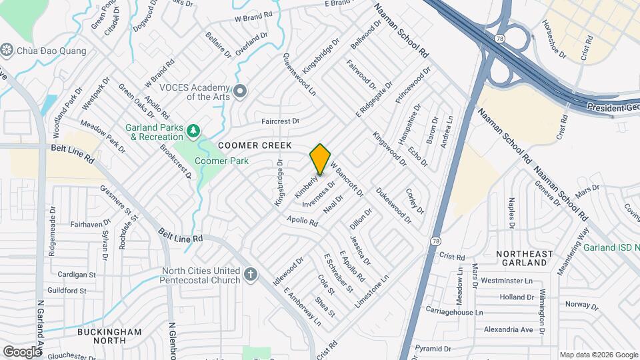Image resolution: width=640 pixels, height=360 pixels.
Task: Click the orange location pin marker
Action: point(321,159)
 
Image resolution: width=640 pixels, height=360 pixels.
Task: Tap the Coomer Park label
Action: point(221,161)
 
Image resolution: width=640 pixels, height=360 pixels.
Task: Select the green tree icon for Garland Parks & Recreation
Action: point(194,130)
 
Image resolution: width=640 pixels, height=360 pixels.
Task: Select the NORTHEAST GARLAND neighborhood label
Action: point(525,259)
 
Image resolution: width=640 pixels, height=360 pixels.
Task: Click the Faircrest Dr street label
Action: point(281,121)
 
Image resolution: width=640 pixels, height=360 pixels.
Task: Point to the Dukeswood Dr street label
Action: point(393,204)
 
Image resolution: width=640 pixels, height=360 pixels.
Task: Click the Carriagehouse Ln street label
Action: point(455,312)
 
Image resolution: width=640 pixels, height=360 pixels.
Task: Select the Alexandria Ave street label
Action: point(508,329)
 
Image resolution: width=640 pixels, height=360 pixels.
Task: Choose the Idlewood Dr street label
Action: point(288,272)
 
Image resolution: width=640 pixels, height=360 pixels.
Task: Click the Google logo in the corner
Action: point(22,351)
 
